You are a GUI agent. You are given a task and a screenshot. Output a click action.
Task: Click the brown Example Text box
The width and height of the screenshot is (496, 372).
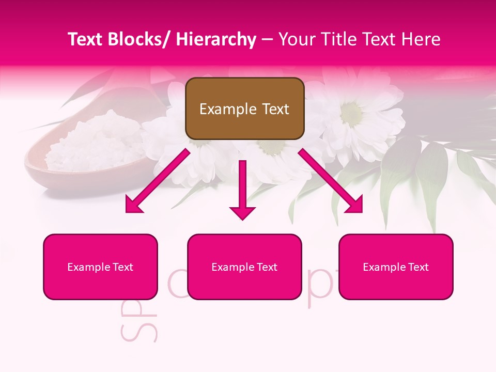[x=244, y=109]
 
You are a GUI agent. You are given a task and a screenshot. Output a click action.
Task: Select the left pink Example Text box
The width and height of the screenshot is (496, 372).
[x=100, y=267]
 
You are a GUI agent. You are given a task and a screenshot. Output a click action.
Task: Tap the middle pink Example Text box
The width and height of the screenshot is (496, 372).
[x=244, y=267]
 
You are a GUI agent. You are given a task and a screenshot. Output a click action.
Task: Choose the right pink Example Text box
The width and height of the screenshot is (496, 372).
[x=396, y=267]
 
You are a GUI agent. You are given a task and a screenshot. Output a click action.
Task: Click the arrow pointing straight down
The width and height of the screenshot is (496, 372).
[x=242, y=186]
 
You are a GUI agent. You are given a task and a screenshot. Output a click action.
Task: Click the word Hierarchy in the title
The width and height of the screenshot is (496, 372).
[x=215, y=39]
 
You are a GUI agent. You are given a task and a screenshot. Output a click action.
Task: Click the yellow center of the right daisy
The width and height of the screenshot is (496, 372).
[x=352, y=112]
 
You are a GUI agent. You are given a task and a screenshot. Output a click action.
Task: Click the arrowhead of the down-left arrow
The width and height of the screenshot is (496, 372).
[x=133, y=205]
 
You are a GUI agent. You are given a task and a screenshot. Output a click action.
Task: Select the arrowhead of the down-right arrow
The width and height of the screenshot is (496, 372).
[x=355, y=205]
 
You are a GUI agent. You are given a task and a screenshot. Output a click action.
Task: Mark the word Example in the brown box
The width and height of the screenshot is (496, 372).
[x=221, y=109]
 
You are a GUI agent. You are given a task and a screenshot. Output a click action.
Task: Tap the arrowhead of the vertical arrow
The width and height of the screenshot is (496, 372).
[x=242, y=212]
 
